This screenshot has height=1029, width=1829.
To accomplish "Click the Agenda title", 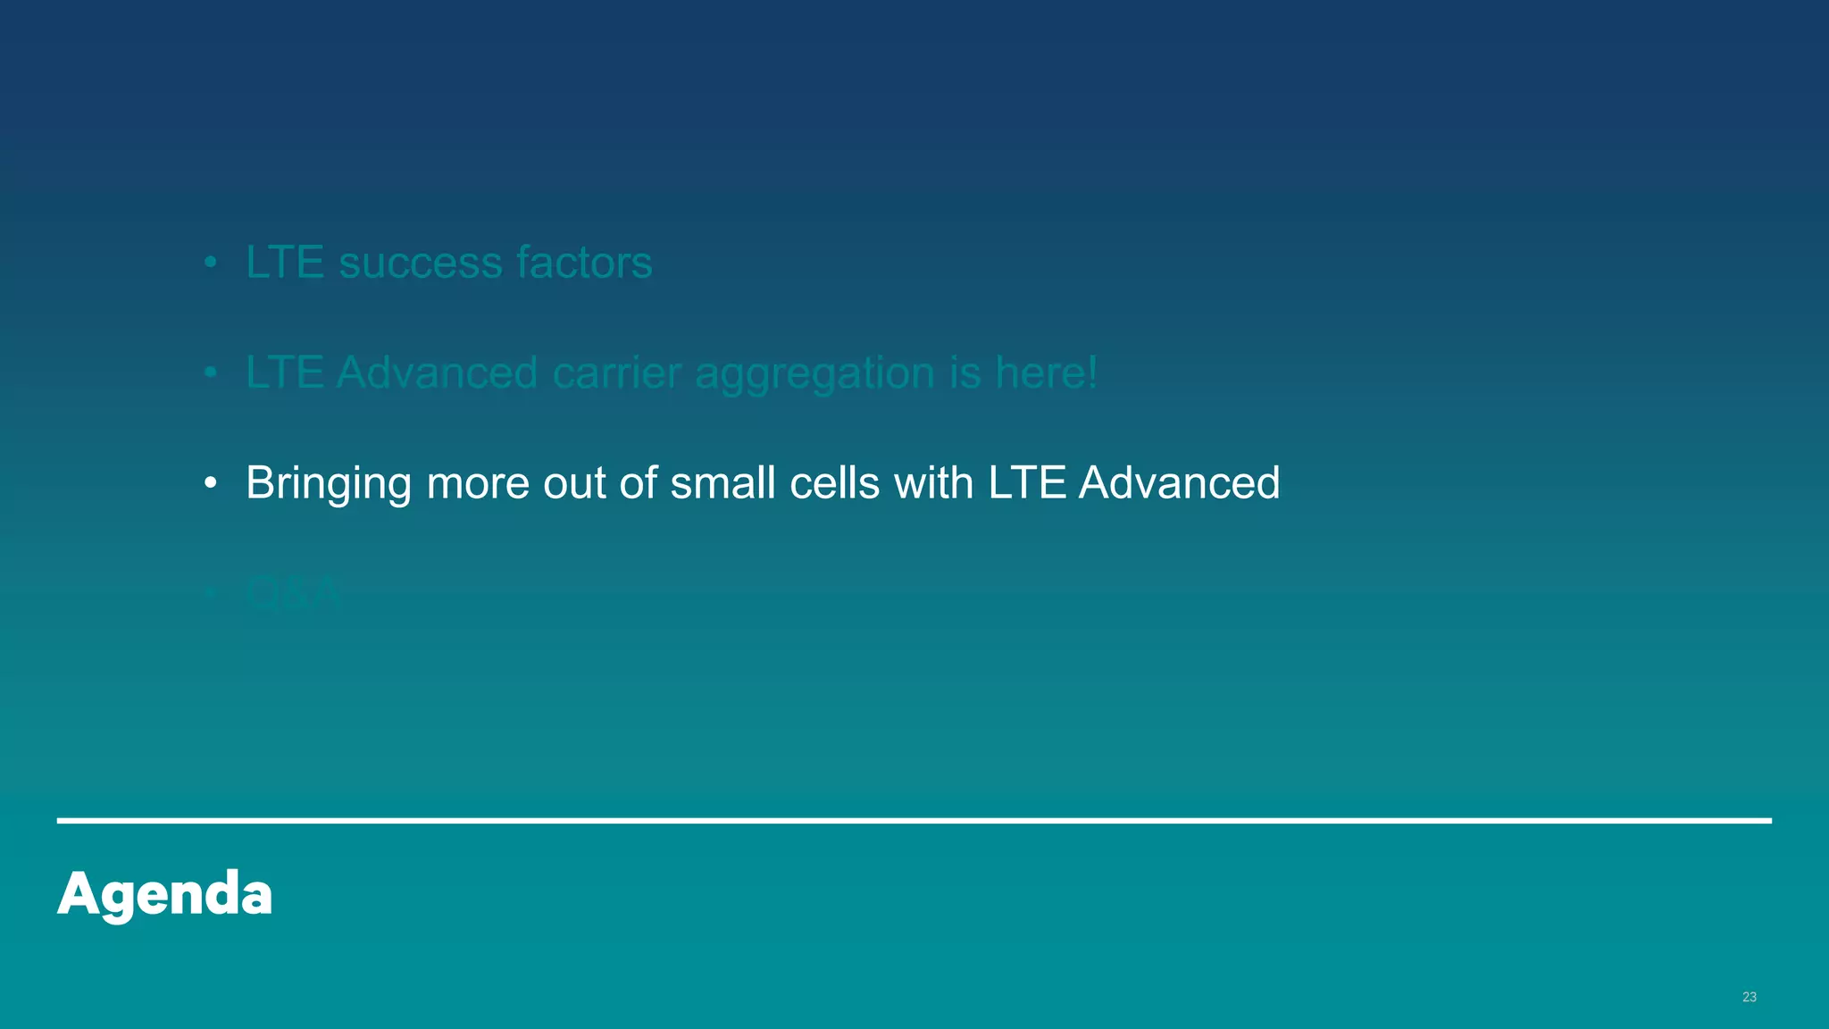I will click(165, 893).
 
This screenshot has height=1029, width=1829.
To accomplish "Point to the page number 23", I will click(1749, 997).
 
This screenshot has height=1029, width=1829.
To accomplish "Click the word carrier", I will click(617, 372).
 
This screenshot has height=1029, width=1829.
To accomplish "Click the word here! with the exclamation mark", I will click(1046, 372).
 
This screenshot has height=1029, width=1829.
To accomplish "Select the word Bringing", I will click(329, 484).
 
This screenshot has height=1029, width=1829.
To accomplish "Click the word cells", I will click(835, 482).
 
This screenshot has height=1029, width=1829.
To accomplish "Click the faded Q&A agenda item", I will click(294, 593).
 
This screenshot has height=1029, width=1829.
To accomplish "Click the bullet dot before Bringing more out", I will click(211, 484).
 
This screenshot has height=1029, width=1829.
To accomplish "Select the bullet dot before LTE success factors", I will click(211, 264).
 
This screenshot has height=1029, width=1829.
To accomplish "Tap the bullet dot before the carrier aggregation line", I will click(211, 373).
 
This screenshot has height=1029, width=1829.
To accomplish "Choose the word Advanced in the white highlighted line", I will click(1179, 482).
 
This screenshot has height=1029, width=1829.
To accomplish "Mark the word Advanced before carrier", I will click(437, 372).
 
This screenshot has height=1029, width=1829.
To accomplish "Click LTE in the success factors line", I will click(285, 263).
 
